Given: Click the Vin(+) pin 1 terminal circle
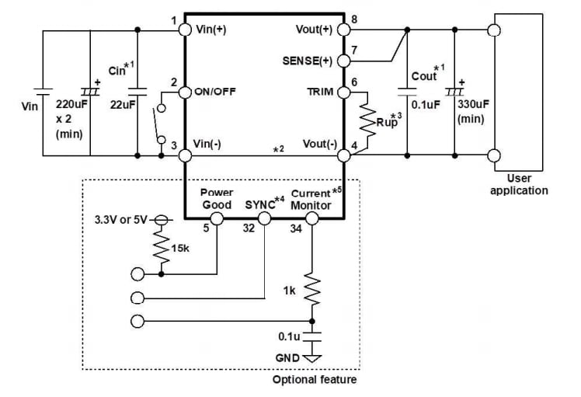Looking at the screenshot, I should coord(185,30).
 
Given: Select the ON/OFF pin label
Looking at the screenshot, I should coord(214,92).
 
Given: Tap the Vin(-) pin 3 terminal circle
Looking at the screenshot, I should coord(185,155).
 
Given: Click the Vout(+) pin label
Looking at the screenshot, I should coord(314,30).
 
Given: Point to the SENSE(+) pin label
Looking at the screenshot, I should coord(308,61).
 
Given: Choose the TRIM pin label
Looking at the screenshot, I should coord(320,92).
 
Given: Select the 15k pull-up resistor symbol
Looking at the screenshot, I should coord(161,247).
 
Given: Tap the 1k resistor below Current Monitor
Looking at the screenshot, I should coord(312,291).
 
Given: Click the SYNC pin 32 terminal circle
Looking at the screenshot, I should coord(264,219).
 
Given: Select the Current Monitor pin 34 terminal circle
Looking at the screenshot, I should coord(312,219).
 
